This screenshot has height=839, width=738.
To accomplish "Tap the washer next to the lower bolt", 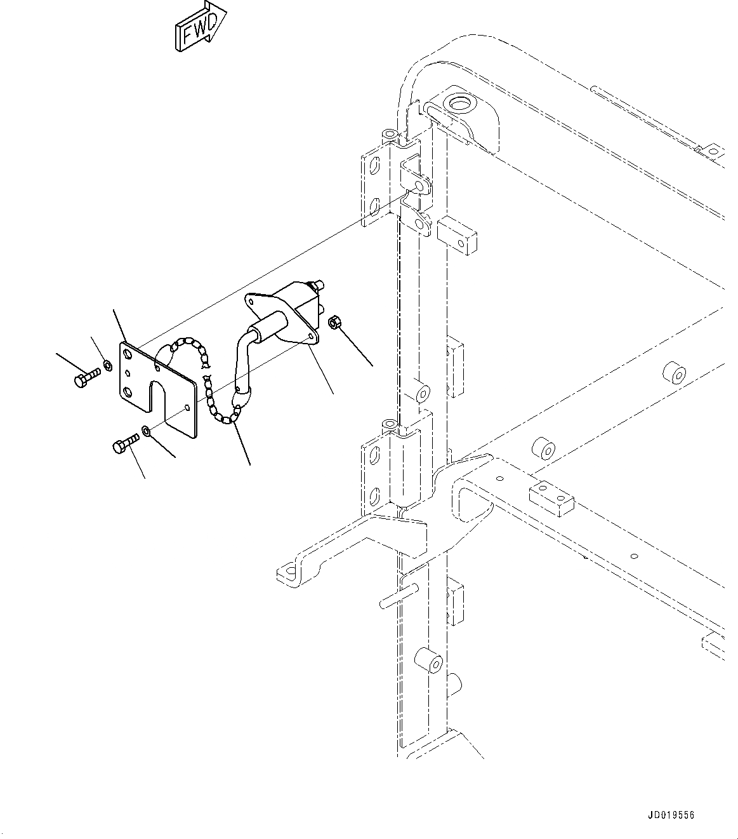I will pyautogui.click(x=147, y=431).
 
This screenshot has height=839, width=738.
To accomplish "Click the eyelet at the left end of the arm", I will pyautogui.click(x=288, y=574).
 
